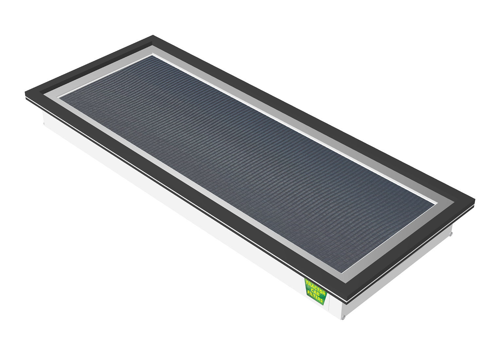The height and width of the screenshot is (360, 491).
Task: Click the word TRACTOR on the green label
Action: pos(315,285)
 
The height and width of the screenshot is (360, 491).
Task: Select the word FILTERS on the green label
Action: pos(315,298)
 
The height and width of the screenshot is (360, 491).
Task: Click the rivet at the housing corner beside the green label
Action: pos(343,317)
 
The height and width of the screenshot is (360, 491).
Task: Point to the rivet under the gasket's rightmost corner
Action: pos(451,233)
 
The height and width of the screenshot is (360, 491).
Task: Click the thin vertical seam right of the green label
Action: pos(329,304)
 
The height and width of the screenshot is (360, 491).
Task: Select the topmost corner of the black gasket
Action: pos(153,36)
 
